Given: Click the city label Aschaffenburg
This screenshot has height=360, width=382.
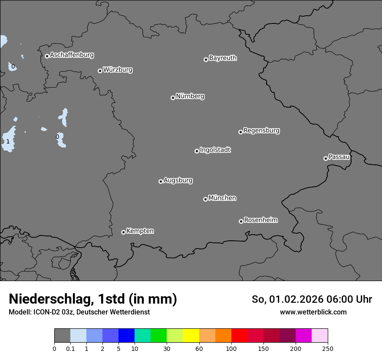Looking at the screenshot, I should click(72, 55).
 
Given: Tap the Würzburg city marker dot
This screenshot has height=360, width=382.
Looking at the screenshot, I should click(100, 71).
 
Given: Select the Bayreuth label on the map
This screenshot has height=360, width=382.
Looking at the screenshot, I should click(223, 58).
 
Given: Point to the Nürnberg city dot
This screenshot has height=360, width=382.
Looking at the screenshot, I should click(173, 98).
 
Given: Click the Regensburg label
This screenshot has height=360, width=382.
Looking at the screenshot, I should click(261, 131).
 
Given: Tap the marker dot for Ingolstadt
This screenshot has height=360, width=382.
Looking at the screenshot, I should click(197, 151).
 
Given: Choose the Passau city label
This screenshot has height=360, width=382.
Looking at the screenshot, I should click(339, 157).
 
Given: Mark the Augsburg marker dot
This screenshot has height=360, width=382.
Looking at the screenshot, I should click(161, 181).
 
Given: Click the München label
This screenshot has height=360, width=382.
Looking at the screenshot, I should click(222, 198).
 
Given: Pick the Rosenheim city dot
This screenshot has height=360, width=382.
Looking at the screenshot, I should click(241, 222).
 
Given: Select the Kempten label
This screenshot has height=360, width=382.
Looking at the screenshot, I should click(140, 231).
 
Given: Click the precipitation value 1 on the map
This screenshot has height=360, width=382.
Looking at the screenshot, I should click(8, 142).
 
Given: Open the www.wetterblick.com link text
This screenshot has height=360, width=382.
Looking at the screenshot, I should click(313, 312).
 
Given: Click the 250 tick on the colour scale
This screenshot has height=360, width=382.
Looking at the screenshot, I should click(328, 348).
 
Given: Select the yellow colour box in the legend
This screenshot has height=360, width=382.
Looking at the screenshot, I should click(191, 336).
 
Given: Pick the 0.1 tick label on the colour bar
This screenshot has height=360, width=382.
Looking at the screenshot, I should click(70, 348).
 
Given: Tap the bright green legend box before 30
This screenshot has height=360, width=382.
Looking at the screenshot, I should click(159, 336).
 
